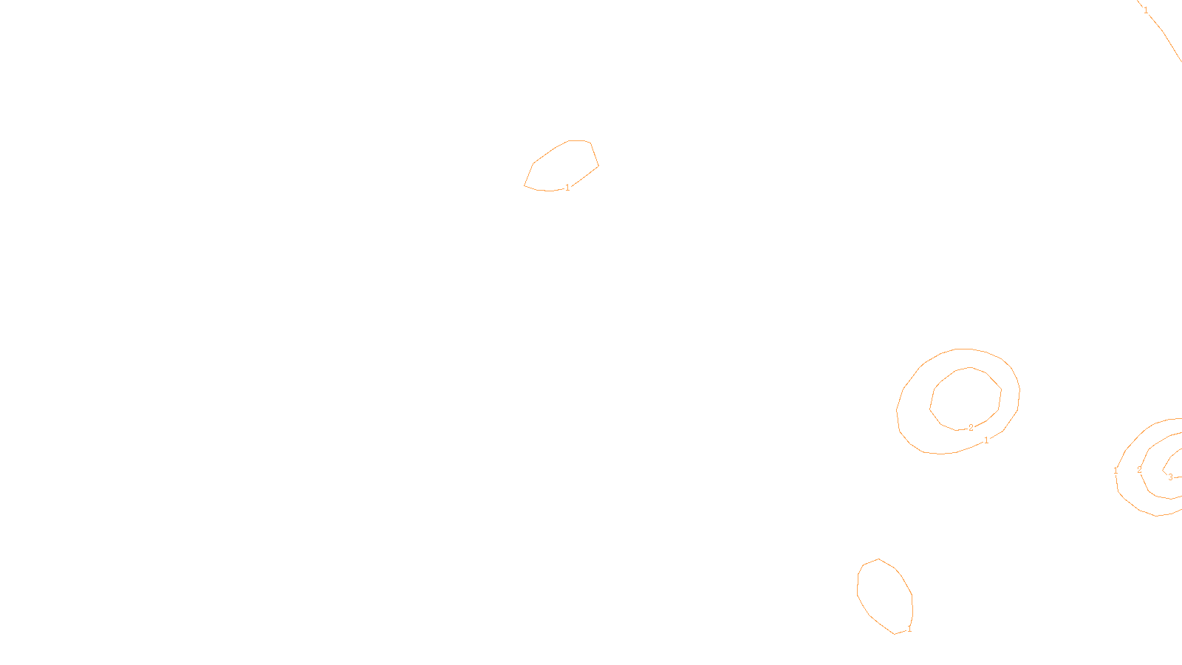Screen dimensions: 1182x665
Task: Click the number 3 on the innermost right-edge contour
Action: [x=1170, y=477]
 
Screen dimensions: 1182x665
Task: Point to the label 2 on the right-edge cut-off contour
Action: [x=1139, y=470]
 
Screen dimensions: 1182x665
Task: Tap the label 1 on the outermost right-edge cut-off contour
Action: [x=1116, y=471]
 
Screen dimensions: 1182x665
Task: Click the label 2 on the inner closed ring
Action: [x=971, y=428]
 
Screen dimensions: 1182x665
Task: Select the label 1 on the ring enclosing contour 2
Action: [x=986, y=440]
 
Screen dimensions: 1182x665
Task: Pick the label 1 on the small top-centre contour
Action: [x=567, y=188]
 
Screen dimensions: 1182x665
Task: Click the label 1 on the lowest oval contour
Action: [x=909, y=630]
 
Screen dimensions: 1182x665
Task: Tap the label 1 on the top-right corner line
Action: [x=1146, y=10]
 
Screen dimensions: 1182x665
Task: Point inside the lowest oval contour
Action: [x=884, y=595]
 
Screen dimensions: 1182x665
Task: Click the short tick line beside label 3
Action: [x=1178, y=477]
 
